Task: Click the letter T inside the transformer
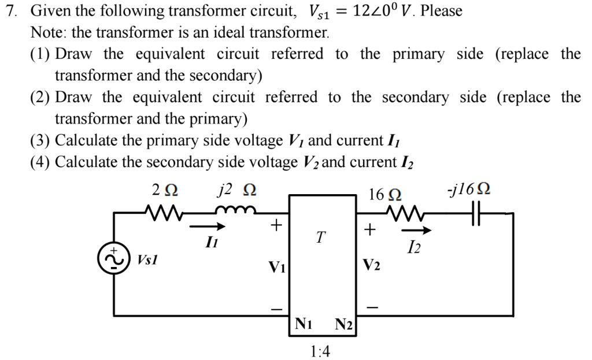click(321, 237)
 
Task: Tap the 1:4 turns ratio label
click(320, 351)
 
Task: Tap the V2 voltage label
click(371, 265)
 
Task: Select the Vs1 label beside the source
click(148, 259)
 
